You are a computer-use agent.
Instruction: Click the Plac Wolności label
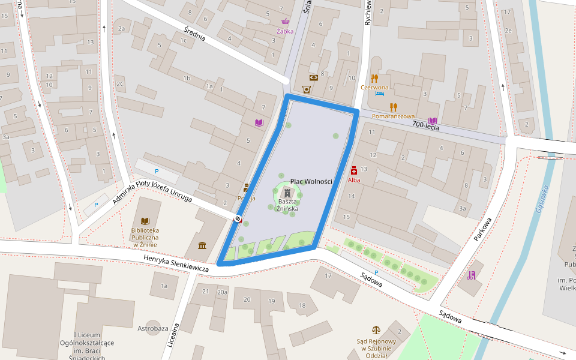click(311, 181)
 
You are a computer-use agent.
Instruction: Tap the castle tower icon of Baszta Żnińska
click(288, 193)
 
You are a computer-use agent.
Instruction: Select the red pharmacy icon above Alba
click(354, 170)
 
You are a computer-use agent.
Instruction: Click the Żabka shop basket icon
click(285, 22)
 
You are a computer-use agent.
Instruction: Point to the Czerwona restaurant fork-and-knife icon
click(374, 78)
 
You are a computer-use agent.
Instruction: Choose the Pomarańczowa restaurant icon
click(394, 107)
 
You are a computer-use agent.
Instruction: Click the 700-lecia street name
click(425, 126)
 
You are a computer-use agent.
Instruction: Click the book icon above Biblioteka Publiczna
click(145, 221)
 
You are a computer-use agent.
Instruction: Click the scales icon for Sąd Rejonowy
click(376, 330)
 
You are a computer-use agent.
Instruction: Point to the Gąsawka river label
click(542, 200)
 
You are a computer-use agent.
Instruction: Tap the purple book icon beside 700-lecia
click(433, 121)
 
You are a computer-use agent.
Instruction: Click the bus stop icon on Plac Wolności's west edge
click(238, 219)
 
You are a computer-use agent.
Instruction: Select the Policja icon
click(246, 188)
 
